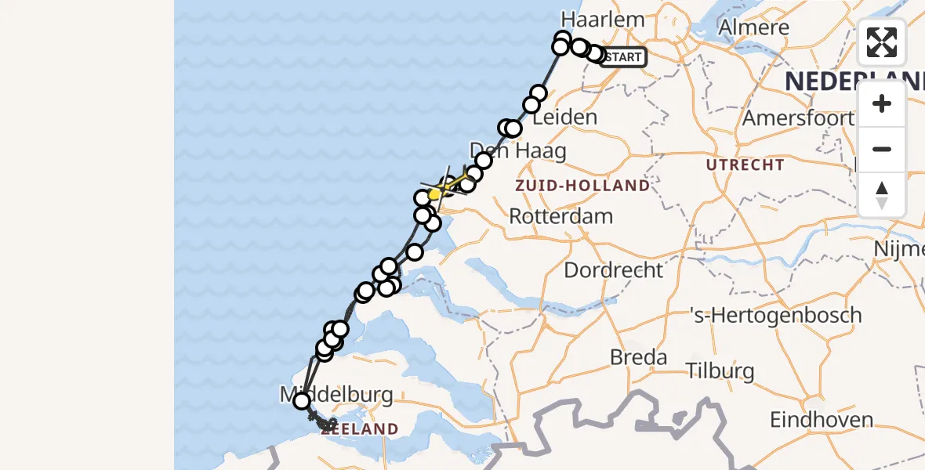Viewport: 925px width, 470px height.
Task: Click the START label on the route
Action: pos(624,56)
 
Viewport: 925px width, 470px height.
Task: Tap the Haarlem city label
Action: pos(603,20)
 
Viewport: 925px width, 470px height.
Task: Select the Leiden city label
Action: pos(564,117)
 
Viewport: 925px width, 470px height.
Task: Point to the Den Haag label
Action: pos(517,150)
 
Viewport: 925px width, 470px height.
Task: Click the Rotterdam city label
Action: pos(560,216)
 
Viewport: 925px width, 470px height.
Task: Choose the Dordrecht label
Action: pos(614,270)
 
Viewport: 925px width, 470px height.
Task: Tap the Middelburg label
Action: pos(337,394)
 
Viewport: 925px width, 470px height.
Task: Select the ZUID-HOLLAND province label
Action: pos(582,186)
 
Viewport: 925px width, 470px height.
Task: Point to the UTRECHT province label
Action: pos(745,164)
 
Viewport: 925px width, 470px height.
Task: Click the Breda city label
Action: pos(639,358)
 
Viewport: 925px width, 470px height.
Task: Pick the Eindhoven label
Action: pos(822,420)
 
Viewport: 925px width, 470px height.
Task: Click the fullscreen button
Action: pos(882,42)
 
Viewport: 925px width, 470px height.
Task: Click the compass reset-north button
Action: pos(882,194)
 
